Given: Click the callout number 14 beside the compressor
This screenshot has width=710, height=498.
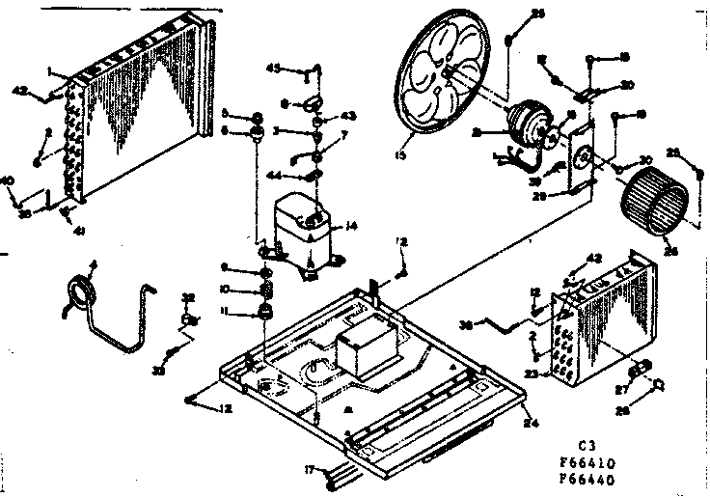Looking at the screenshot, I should (x=352, y=225).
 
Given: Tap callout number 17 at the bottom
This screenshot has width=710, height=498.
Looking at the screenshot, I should (x=308, y=470).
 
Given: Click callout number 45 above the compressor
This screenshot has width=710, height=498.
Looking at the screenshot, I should (x=299, y=69).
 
